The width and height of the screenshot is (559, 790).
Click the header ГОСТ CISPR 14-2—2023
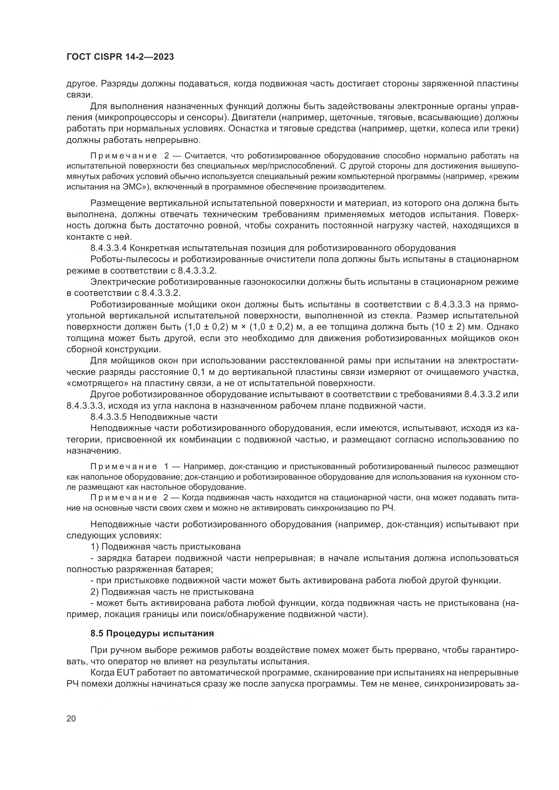pos(120,57)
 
